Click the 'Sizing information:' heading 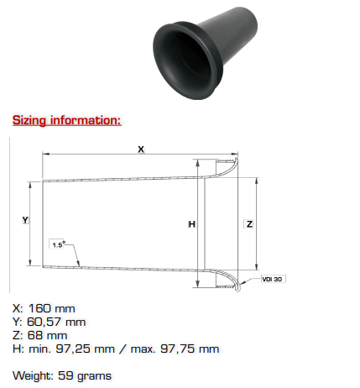[x=67, y=120]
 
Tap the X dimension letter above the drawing [x=141, y=149]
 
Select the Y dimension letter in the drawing [x=25, y=220]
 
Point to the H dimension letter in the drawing [x=192, y=224]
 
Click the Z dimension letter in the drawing [x=249, y=224]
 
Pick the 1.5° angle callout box [x=58, y=244]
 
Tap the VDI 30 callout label [x=273, y=279]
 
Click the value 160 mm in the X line [x=51, y=308]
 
